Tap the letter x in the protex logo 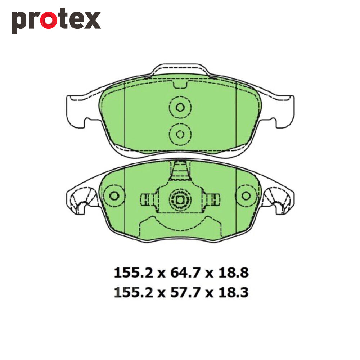92,20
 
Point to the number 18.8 233,273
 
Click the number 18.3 233,292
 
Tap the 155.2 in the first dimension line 134,273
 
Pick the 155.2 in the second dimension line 134,292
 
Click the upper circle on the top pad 180,107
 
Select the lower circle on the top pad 180,134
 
